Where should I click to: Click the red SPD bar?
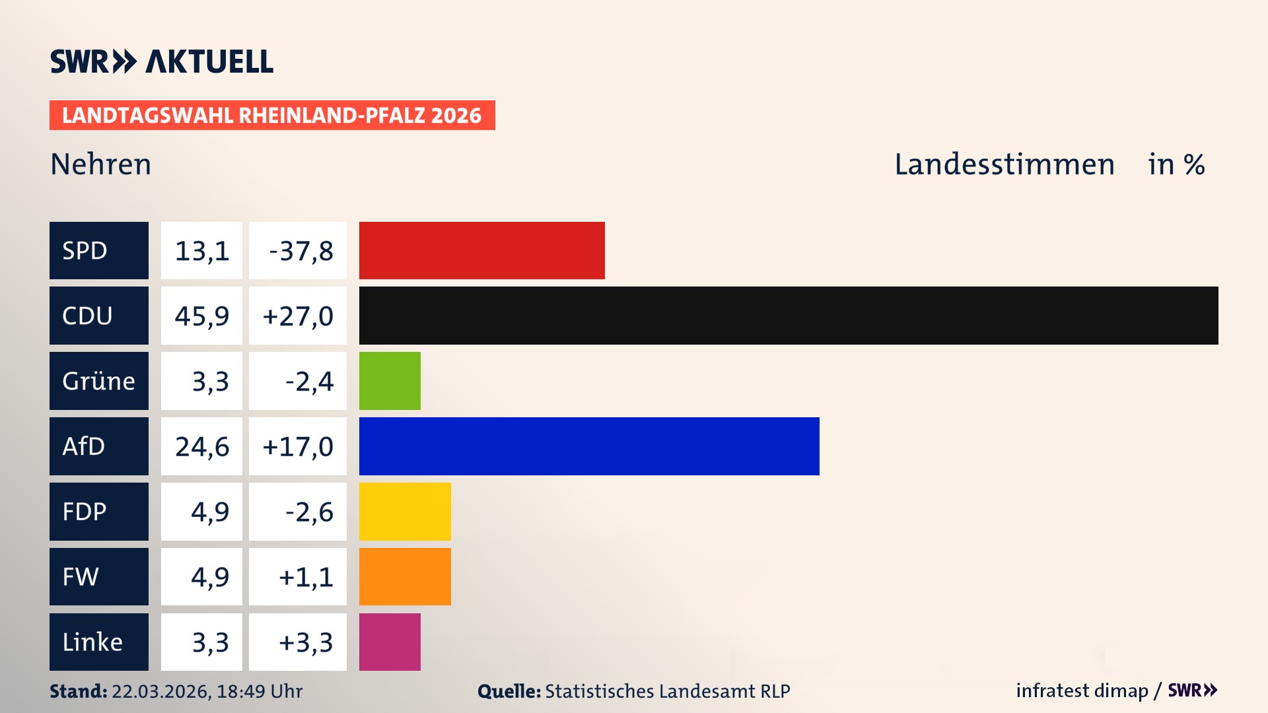(x=481, y=250)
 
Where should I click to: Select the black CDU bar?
(x=788, y=316)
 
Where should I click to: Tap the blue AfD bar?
(x=588, y=446)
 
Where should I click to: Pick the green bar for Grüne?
(x=390, y=381)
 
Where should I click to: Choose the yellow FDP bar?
(x=405, y=512)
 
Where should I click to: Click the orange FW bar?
(x=405, y=576)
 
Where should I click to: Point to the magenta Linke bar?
(x=390, y=642)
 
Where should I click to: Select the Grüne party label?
(x=99, y=381)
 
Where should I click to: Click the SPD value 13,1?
(x=201, y=251)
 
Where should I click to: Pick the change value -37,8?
(x=300, y=251)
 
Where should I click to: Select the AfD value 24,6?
(x=201, y=447)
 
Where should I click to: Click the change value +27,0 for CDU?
(x=298, y=316)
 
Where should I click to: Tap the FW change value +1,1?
(x=305, y=577)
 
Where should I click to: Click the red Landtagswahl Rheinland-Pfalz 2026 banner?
(x=272, y=116)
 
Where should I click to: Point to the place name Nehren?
(x=101, y=164)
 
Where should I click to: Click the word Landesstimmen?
(x=1004, y=164)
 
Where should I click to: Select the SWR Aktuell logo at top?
(x=162, y=61)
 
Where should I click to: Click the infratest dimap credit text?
(x=1081, y=691)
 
